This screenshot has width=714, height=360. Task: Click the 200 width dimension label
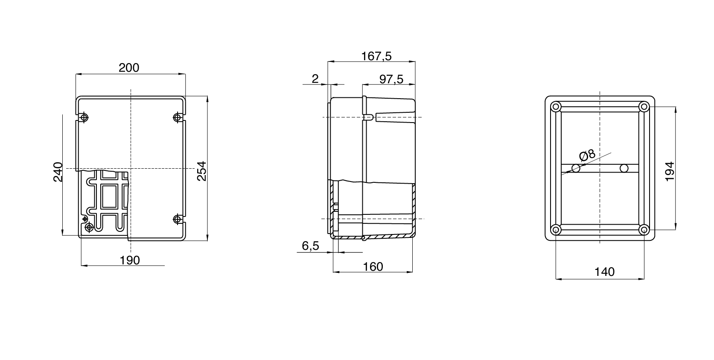129,67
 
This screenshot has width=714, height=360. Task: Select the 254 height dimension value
201,171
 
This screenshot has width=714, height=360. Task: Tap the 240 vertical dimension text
58,172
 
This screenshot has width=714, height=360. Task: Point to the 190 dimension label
130,260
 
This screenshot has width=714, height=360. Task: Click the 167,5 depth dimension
376,56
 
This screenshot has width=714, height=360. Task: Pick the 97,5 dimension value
391,79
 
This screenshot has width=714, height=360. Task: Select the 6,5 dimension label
310,246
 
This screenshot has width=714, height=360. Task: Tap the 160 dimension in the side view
373,266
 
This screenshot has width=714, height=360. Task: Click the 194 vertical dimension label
670,171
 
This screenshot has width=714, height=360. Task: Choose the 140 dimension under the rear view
604,272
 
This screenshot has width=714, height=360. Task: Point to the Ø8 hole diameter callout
587,155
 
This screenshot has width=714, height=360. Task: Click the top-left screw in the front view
84,117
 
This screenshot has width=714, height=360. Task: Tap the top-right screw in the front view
178,117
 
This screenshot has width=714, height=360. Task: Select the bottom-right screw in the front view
178,220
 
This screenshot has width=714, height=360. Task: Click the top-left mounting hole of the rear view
556,107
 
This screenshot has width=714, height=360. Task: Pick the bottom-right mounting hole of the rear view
644,230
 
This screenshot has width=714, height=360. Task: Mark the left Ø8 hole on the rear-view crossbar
576,168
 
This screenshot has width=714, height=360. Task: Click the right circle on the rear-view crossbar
624,168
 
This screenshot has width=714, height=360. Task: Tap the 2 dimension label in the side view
315,79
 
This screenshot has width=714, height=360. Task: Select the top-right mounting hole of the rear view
644,107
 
